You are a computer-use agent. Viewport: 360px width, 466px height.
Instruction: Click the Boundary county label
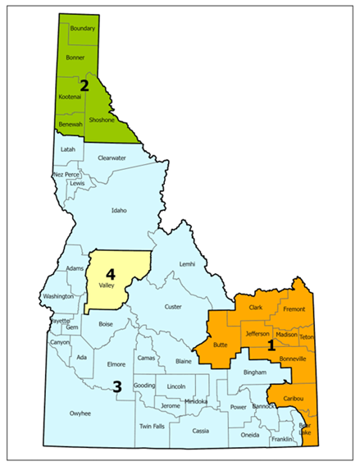tap(83, 30)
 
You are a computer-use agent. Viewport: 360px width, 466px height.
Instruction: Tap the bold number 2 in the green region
tap(84, 84)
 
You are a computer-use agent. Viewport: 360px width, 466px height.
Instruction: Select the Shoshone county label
tap(103, 120)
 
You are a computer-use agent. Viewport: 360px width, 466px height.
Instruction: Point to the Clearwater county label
tap(111, 158)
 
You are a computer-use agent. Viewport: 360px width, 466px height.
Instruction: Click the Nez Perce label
tap(66, 175)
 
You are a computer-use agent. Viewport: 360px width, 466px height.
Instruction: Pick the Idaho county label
tap(119, 210)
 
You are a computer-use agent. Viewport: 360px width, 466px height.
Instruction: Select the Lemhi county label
tap(188, 263)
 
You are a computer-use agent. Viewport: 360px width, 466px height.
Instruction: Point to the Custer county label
tap(173, 307)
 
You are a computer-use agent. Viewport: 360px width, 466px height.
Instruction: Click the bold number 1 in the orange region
tap(271, 346)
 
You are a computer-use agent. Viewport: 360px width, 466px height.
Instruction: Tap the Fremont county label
tap(293, 309)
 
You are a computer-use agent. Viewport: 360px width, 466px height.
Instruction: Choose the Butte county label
tap(221, 345)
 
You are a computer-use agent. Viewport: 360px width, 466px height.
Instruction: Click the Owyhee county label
tap(80, 413)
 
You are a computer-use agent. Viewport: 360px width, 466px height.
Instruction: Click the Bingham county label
tap(256, 372)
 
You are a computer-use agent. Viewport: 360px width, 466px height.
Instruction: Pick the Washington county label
tap(58, 296)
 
